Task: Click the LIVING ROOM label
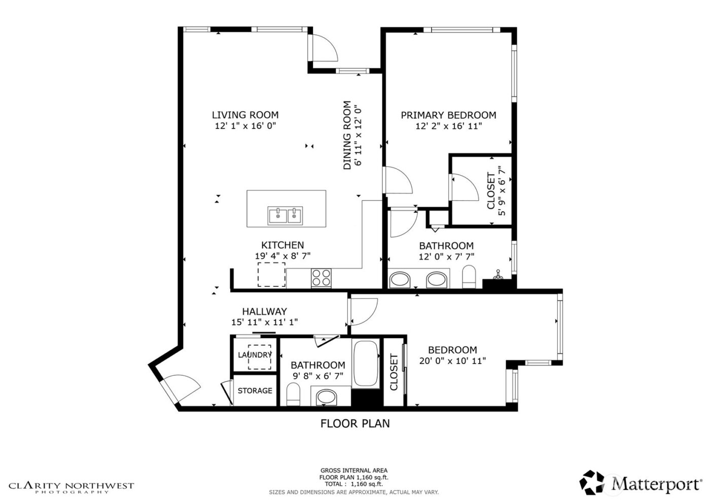245,115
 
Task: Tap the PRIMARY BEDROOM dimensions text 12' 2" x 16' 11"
448,126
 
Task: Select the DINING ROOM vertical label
347,136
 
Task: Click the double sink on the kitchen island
286,215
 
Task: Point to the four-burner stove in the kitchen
321,278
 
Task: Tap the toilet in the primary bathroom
469,277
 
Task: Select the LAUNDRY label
255,355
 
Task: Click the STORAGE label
255,390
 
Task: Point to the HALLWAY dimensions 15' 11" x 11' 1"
264,322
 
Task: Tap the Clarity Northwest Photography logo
72,487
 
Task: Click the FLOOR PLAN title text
355,423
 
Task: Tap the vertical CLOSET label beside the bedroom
394,372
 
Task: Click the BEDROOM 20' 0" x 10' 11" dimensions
452,361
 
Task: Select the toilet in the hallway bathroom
293,395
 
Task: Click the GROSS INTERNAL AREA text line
353,471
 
